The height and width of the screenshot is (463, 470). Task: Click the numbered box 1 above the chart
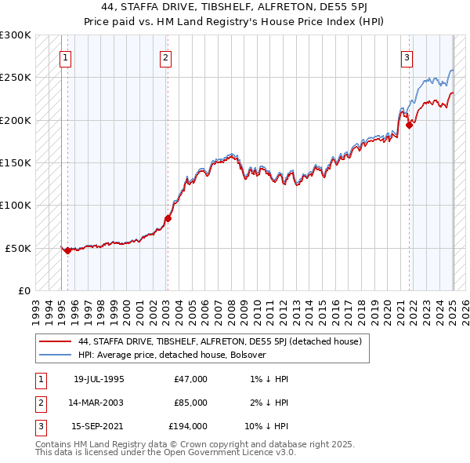click(65, 57)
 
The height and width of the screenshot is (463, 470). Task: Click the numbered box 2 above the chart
click(166, 57)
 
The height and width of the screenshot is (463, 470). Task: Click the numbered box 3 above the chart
click(407, 57)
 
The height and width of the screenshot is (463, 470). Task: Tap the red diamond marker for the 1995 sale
click(67, 250)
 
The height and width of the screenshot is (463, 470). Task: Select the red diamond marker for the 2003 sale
click(168, 218)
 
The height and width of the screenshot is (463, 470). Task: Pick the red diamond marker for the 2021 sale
click(410, 125)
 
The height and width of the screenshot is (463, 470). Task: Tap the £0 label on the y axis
click(23, 290)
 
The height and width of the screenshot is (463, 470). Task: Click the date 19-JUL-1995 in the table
click(99, 379)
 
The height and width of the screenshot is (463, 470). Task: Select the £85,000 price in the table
click(190, 403)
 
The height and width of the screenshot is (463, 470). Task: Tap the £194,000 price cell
click(188, 426)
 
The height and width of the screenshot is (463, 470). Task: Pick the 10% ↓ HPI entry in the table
click(267, 426)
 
